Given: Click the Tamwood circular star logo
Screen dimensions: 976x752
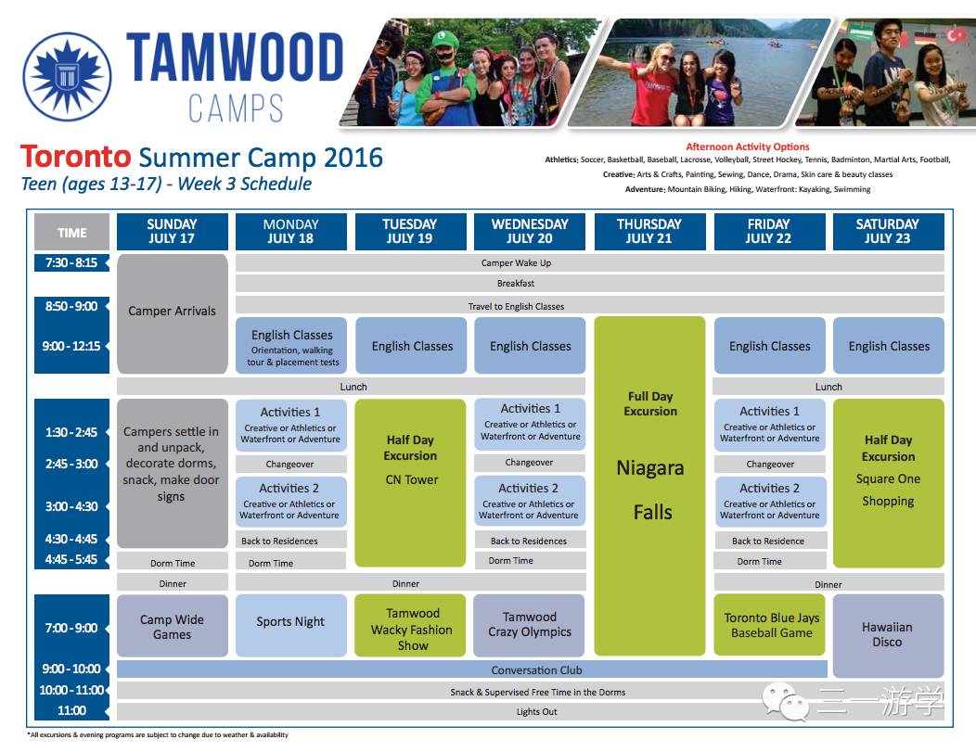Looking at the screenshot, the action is click(x=67, y=77).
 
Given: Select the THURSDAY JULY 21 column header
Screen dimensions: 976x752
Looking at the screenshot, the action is click(x=649, y=232).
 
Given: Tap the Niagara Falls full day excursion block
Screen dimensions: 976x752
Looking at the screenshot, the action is click(x=649, y=486).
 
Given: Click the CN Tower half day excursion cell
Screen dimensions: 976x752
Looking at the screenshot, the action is click(x=410, y=483).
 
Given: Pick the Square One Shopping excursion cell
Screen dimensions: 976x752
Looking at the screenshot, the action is click(x=888, y=483).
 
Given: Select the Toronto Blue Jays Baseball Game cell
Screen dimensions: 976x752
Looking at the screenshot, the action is click(x=769, y=624).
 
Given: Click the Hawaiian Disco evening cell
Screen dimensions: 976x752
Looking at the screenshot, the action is click(x=888, y=635).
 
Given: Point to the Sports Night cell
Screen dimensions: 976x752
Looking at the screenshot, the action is click(x=290, y=625).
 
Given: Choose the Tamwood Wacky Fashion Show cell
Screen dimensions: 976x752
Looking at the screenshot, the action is click(x=410, y=625).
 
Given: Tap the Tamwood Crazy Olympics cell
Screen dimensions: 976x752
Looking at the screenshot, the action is click(x=529, y=625).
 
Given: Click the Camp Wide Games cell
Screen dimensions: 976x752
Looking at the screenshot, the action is click(x=173, y=626).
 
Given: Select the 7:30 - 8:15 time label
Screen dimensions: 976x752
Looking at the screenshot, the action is click(x=71, y=262).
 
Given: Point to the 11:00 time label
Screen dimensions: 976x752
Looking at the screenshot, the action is click(x=71, y=710).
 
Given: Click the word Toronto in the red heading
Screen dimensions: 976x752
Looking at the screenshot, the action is click(x=75, y=157).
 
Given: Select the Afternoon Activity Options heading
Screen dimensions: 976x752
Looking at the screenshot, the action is click(x=748, y=147).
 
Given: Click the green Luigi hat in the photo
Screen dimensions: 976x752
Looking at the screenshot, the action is click(x=444, y=41).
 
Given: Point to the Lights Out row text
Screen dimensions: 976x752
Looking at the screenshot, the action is click(x=536, y=711).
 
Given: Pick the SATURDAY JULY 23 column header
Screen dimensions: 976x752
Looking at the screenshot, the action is click(x=888, y=232).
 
